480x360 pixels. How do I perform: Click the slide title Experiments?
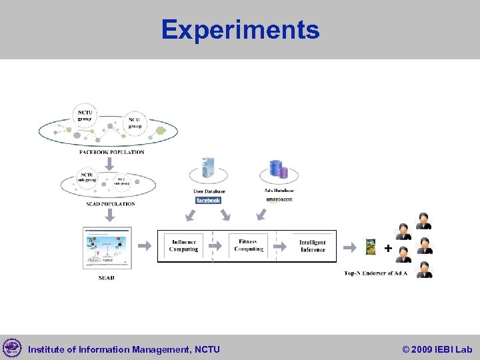click(240, 30)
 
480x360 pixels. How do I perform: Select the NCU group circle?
click(135, 123)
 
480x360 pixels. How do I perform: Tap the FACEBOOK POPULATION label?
click(111, 152)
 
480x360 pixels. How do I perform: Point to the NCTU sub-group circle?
click(87, 179)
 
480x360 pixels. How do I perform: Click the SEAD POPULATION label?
click(111, 204)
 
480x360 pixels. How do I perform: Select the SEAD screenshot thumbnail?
click(107, 248)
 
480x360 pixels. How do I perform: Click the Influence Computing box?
click(184, 246)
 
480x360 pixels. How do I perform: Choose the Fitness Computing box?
click(249, 246)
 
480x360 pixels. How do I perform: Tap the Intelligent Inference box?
click(312, 246)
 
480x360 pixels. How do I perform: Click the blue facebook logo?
click(208, 200)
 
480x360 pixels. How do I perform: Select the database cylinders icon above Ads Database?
click(278, 171)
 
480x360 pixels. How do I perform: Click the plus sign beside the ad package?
click(388, 248)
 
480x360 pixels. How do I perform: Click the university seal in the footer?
click(12, 348)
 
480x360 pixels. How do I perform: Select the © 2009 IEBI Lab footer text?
click(437, 349)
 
